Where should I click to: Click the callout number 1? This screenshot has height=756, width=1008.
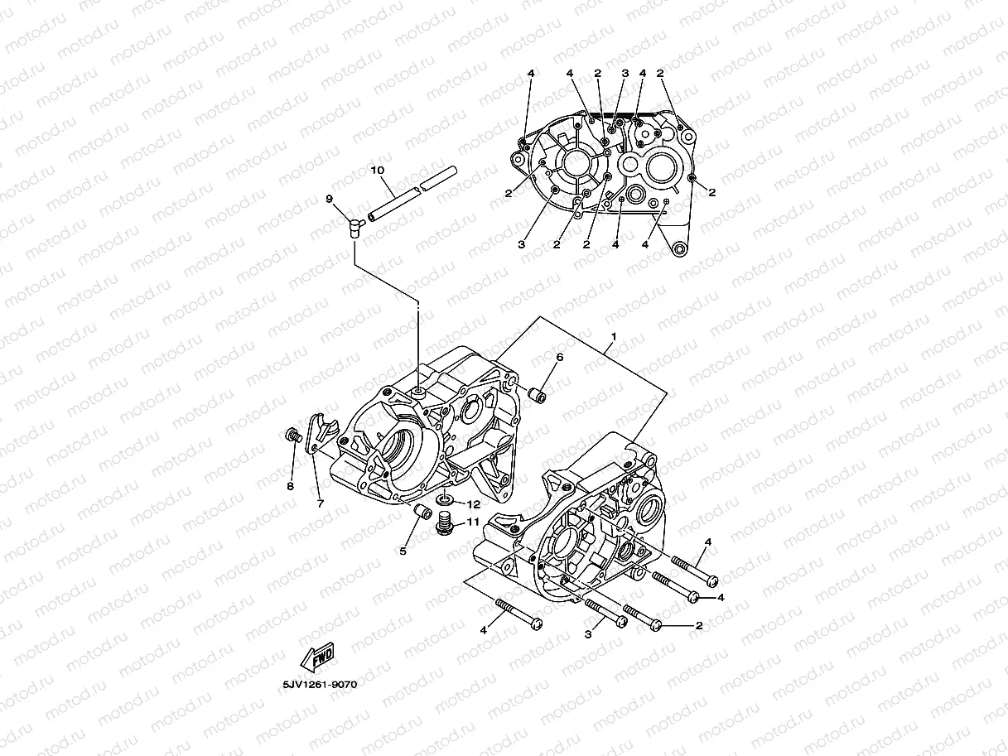[x=613, y=336]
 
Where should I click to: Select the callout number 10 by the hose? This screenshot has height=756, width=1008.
[x=378, y=171]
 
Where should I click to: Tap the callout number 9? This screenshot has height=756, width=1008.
[x=329, y=199]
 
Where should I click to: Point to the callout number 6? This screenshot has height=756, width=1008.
[x=559, y=357]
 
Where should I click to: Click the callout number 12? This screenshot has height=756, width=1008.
[x=473, y=503]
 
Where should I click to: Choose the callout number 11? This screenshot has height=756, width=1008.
[x=473, y=522]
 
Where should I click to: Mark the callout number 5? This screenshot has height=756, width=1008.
[x=403, y=551]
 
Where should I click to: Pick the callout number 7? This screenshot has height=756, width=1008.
[x=320, y=503]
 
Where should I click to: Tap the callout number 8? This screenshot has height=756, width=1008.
[x=290, y=486]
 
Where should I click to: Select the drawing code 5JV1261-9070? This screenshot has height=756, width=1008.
[x=319, y=686]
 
